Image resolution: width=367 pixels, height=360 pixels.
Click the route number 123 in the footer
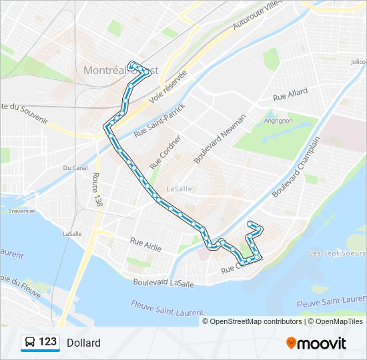[48, 342]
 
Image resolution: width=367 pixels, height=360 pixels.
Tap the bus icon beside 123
[30, 343]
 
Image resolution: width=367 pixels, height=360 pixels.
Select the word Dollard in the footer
[83, 343]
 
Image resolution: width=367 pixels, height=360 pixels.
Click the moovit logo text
[322, 343]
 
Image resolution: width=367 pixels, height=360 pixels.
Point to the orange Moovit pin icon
[292, 343]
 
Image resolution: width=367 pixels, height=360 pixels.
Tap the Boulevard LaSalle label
[163, 283]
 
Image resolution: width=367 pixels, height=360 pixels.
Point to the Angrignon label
[278, 121]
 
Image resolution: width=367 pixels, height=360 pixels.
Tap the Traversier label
[22, 211]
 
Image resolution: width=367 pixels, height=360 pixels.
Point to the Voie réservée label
[167, 86]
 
